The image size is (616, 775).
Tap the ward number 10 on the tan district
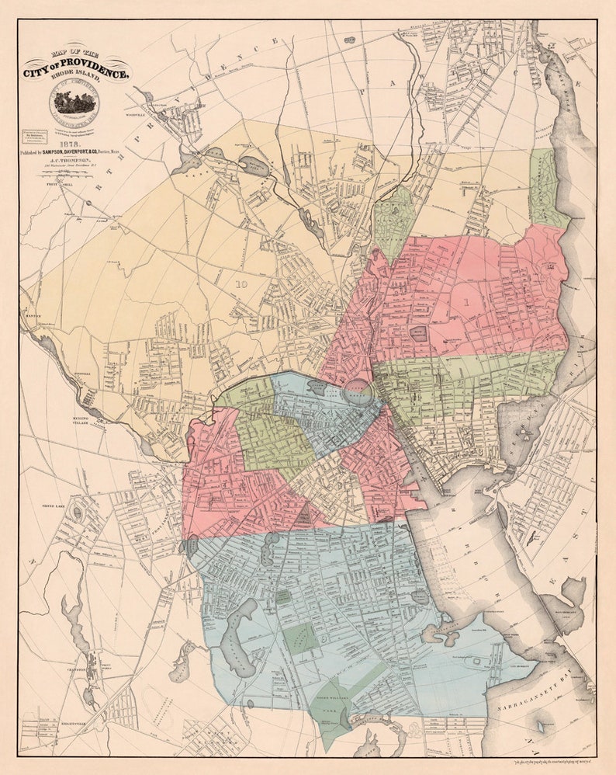[x=241, y=284]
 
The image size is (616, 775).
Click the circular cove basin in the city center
[x=358, y=387]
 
